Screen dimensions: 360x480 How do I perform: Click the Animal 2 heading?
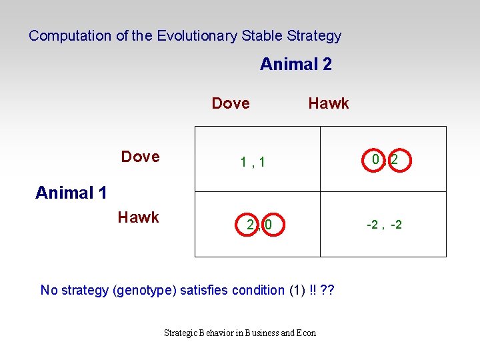point(295,65)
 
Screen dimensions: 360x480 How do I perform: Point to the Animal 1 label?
point(71,193)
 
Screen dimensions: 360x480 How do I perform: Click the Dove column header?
point(231,103)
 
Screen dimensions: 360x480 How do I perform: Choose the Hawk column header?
point(328,103)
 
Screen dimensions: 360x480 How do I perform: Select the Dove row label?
point(140,157)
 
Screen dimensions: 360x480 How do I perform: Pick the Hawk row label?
point(138,217)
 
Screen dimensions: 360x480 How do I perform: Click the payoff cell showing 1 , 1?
point(253,161)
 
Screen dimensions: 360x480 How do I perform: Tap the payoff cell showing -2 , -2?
point(384,225)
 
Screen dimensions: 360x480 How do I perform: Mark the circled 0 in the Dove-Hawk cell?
point(375,160)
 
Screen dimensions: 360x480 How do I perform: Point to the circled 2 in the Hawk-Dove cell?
point(249,225)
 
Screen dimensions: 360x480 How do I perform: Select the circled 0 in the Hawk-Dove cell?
point(268,225)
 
